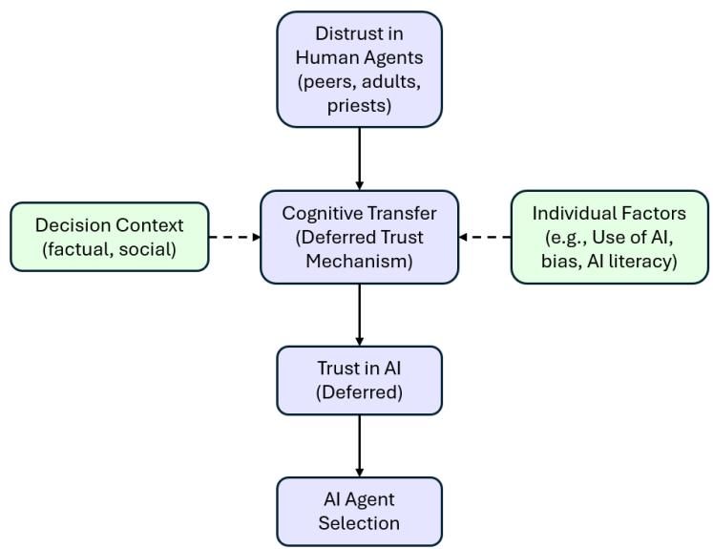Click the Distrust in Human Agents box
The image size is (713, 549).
359,70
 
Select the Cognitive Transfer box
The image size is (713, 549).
359,237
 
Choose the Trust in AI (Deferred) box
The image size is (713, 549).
359,380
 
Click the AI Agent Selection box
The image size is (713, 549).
359,511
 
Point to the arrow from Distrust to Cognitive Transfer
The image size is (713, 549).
359,158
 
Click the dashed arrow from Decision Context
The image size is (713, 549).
234,237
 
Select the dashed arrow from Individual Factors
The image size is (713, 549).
485,237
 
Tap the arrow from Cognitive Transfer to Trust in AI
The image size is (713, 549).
359,314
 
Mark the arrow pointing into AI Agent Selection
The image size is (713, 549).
359,445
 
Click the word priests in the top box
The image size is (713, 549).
359,106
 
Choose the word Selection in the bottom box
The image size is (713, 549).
359,523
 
